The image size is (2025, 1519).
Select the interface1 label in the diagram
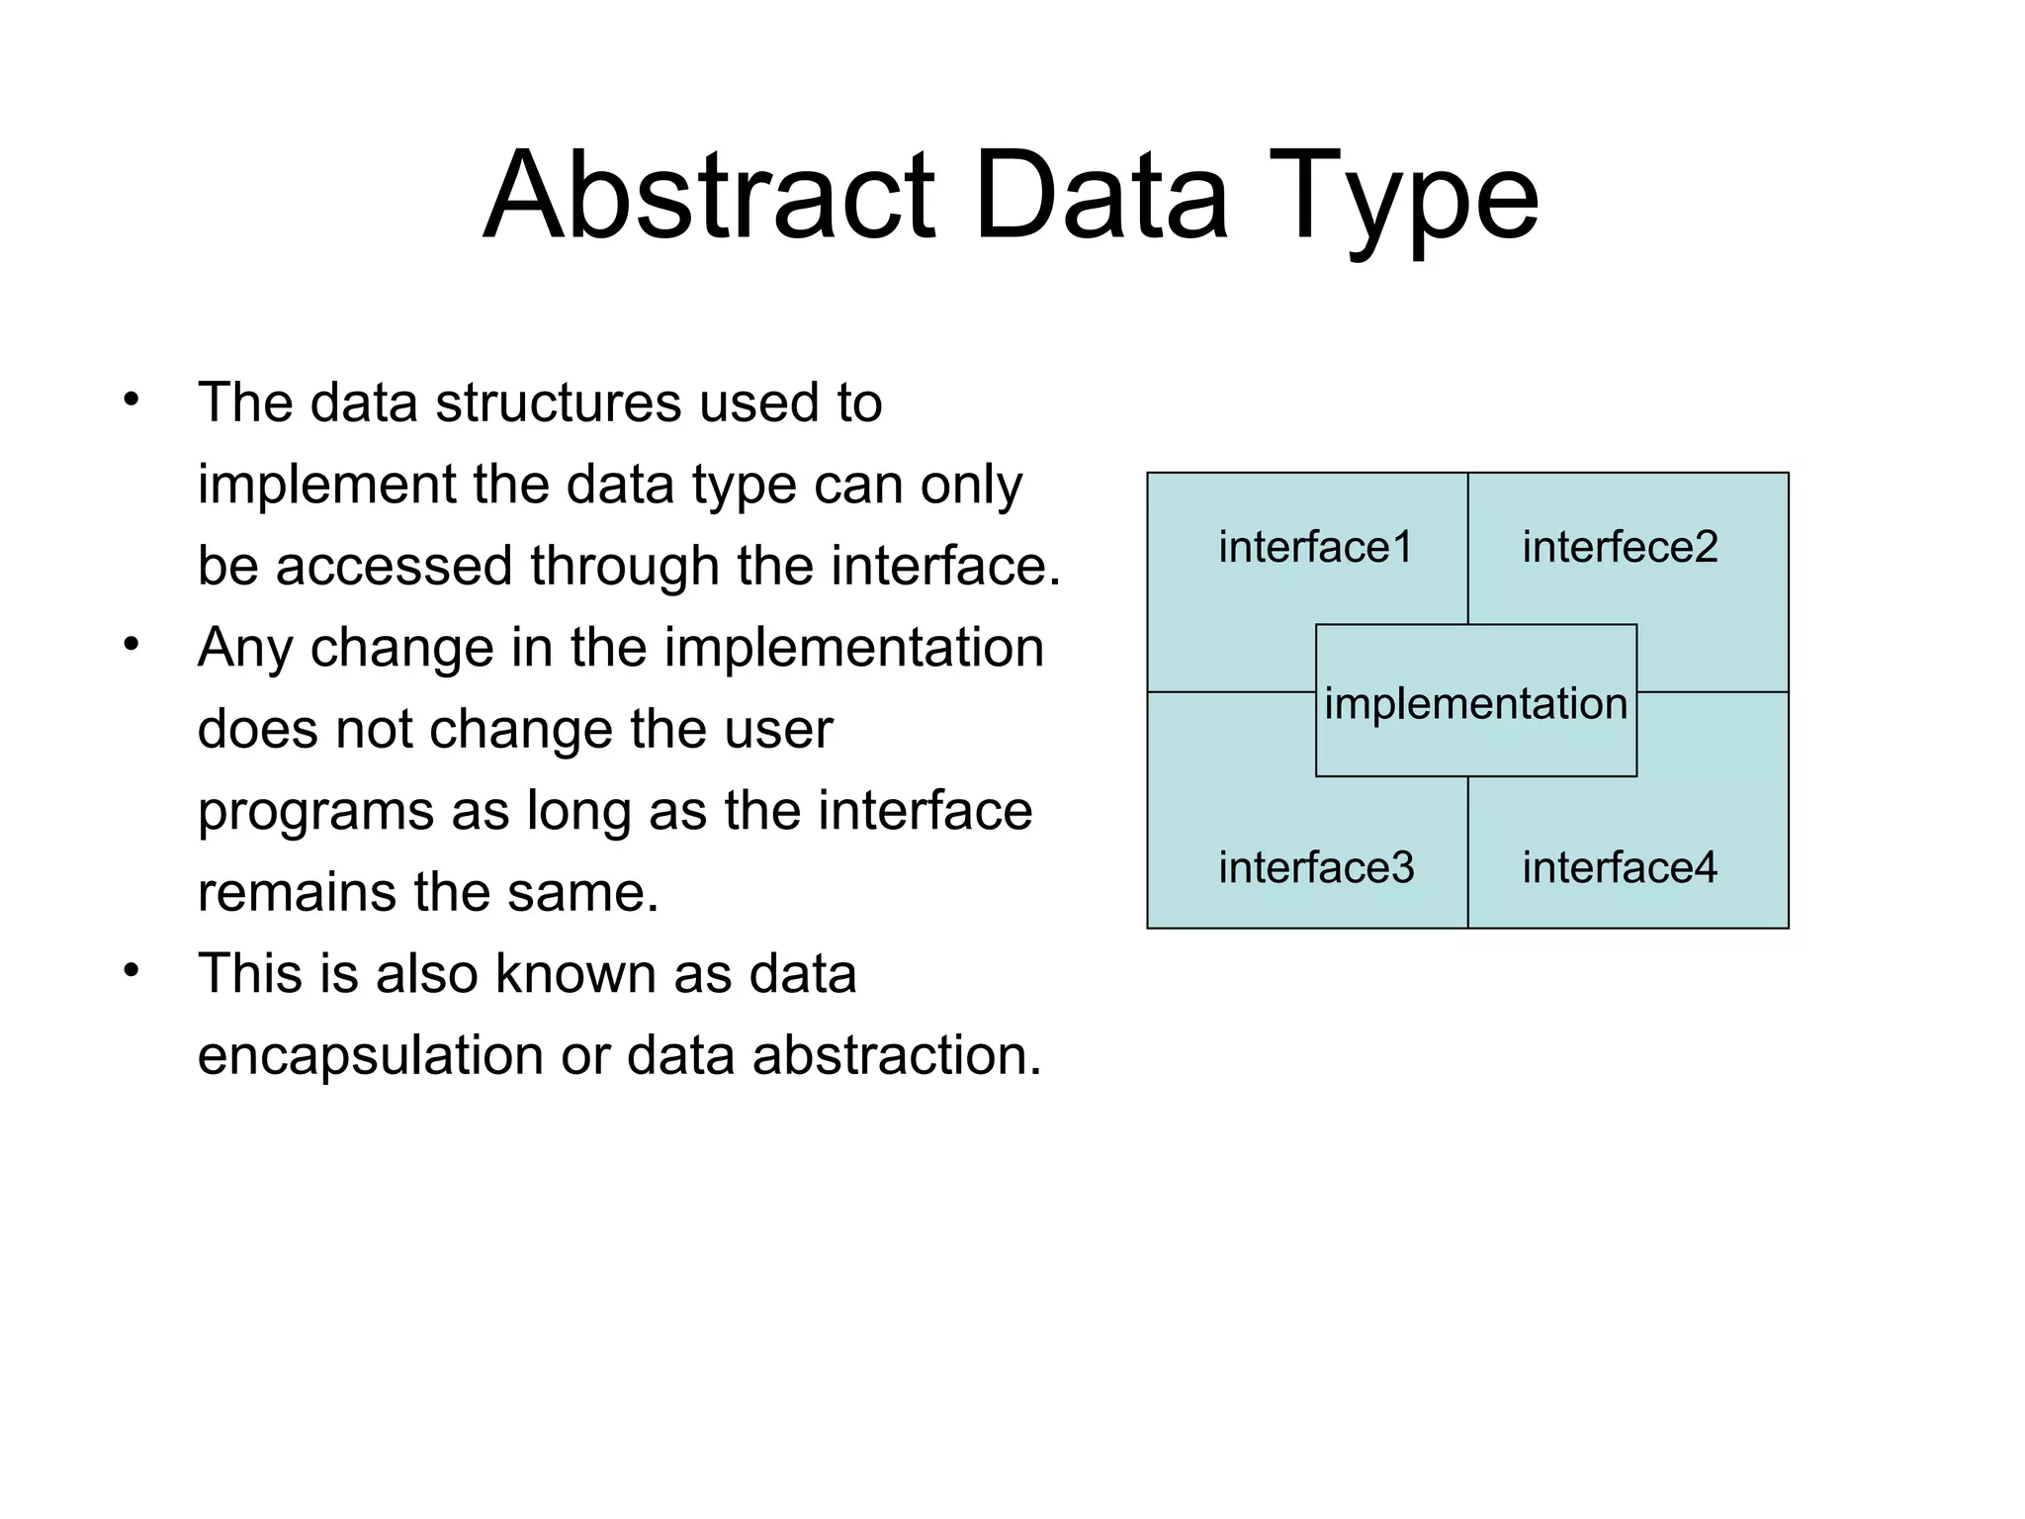pos(1315,547)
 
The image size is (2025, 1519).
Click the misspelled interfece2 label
pos(1620,547)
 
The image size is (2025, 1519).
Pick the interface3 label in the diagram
pos(1315,867)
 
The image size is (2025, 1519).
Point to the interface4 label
pos(1620,867)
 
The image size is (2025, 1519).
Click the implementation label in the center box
pos(1475,703)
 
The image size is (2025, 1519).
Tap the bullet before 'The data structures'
pos(132,401)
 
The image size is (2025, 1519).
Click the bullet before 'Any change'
pos(132,645)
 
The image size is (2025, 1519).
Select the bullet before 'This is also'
pos(132,970)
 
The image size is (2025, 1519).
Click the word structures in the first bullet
pos(558,402)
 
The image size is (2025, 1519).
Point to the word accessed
pos(396,566)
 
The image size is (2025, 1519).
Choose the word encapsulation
pos(371,1056)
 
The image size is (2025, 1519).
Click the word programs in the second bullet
pos(315,812)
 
